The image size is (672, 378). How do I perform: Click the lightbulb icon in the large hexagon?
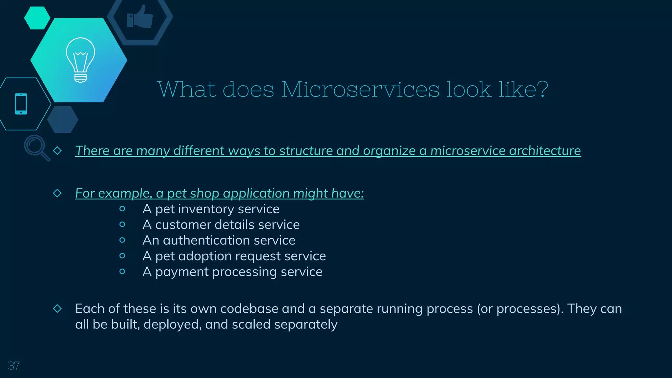(80, 60)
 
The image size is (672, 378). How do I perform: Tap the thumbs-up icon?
(140, 17)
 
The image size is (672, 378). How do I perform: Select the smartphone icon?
(21, 104)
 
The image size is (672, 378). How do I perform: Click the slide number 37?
(14, 366)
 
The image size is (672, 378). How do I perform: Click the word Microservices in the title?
(360, 89)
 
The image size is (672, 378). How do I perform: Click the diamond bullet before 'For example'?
(57, 193)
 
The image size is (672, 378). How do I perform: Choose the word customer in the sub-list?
(182, 225)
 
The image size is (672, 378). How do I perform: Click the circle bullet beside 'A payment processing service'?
(122, 271)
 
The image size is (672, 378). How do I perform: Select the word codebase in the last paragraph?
(249, 309)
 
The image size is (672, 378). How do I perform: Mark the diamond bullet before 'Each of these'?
(57, 308)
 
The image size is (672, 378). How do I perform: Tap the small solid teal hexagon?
(37, 18)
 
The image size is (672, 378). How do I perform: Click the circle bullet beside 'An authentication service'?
(122, 240)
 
